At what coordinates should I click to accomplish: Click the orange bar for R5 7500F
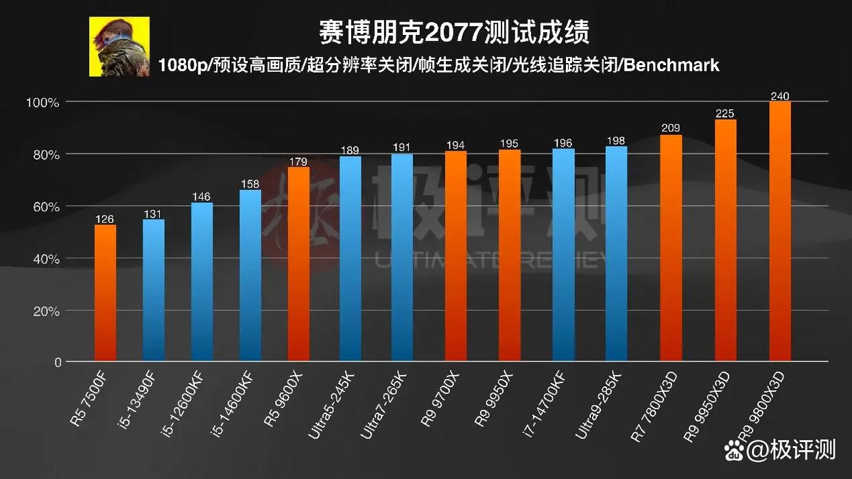point(105,293)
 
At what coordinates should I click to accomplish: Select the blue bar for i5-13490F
point(154,290)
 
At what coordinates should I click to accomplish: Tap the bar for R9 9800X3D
point(780,231)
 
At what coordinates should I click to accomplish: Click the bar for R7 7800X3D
point(671,247)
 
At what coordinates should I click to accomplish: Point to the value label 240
point(780,96)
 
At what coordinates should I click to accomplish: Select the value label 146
point(202,197)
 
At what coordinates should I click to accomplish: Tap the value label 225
point(726,114)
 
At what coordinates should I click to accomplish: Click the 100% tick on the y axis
point(43,103)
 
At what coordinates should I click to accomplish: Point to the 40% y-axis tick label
point(43,259)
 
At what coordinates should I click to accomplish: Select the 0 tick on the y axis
point(58,363)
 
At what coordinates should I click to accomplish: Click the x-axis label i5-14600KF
point(234,400)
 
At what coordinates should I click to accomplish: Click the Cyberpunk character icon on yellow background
point(119,47)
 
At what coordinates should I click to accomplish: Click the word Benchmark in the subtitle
point(672,65)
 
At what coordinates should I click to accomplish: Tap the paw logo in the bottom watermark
point(735,452)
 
